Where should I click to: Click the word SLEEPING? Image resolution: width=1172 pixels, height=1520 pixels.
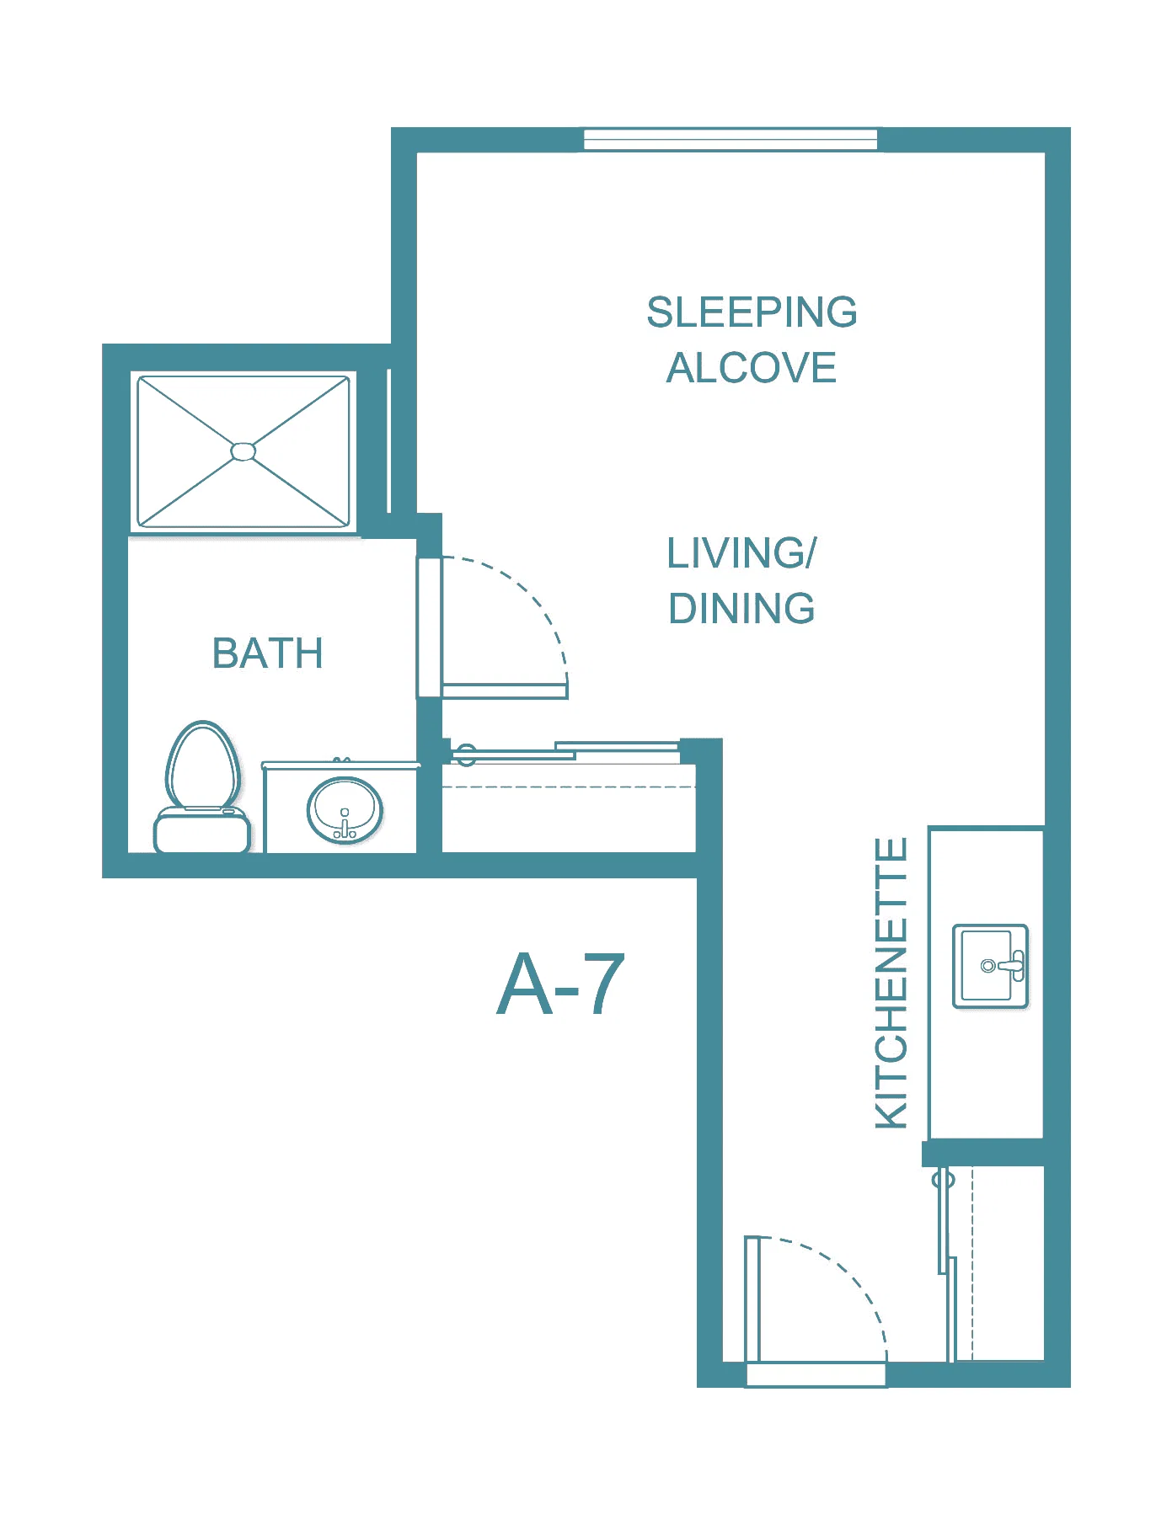(752, 312)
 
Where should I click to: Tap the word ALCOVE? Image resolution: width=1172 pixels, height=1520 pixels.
(752, 368)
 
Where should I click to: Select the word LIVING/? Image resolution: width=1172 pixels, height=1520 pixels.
(741, 553)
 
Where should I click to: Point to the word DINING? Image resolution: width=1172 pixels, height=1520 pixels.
(741, 608)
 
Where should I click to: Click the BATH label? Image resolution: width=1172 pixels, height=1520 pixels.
(268, 653)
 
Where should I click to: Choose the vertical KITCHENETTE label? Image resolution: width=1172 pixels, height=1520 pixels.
(891, 983)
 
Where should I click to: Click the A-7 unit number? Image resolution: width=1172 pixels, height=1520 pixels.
(561, 984)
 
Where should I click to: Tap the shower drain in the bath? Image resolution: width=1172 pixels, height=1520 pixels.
(243, 451)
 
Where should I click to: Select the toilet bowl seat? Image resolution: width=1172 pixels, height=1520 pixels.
(202, 765)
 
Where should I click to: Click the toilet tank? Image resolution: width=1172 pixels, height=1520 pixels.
(202, 830)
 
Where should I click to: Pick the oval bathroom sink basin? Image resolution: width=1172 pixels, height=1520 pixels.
(345, 810)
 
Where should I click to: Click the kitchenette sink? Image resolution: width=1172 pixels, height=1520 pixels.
(991, 966)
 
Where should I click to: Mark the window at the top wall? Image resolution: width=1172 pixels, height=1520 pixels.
(730, 140)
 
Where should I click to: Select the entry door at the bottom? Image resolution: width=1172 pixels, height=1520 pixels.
(752, 1299)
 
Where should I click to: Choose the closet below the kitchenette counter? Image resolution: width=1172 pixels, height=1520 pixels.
(997, 1263)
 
